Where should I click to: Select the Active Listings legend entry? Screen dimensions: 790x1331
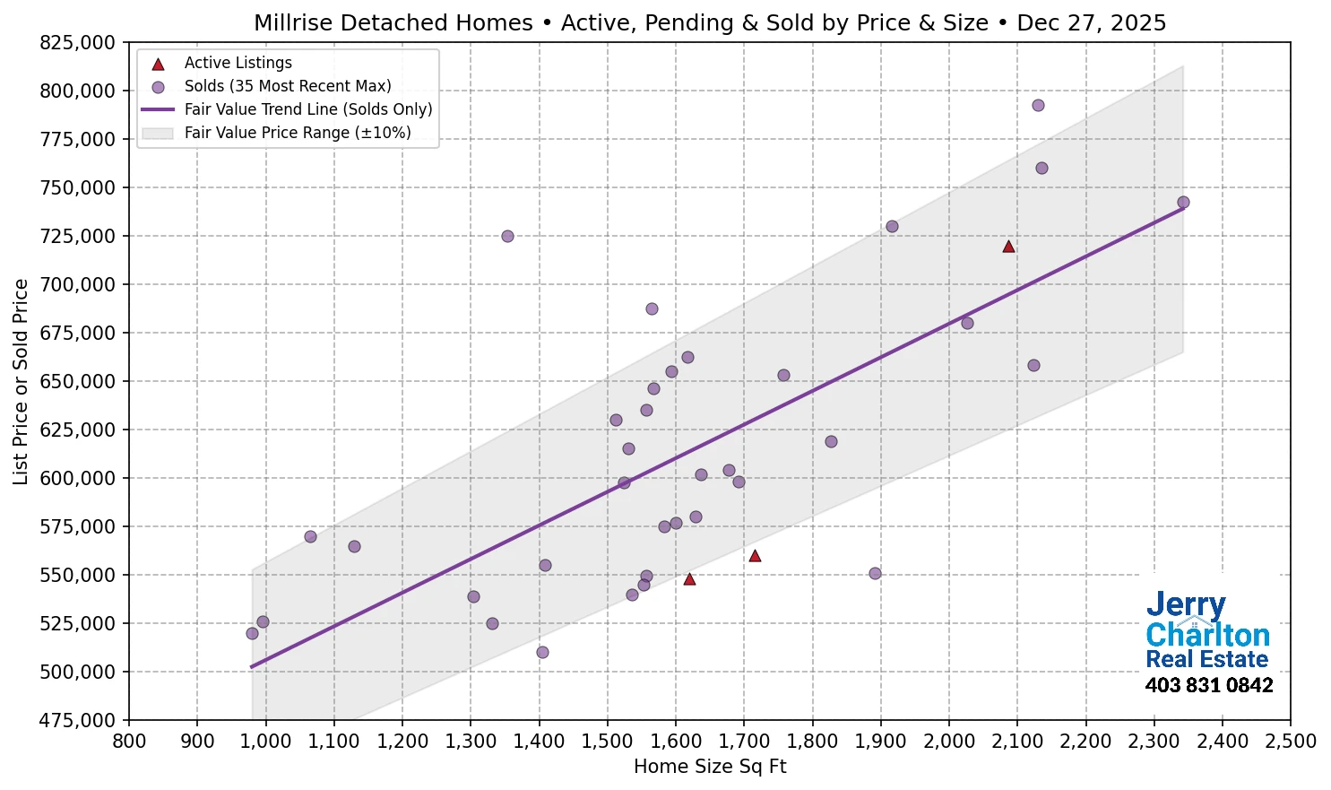tap(238, 63)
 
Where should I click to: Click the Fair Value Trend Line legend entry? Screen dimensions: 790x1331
tap(307, 109)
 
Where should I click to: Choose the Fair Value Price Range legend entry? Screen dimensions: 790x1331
tap(297, 133)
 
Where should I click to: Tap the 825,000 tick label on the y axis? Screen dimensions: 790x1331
tap(79, 42)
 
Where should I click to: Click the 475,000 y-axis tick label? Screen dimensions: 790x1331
tap(79, 720)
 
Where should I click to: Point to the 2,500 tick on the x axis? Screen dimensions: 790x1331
tap(1291, 742)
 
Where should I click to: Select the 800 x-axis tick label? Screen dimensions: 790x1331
tap(129, 742)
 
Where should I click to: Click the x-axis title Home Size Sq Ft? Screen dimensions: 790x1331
tap(710, 767)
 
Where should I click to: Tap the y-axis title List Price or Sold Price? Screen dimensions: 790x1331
tap(22, 381)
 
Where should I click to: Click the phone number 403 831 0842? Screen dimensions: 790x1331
tap(1208, 686)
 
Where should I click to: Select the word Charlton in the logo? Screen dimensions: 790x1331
tap(1207, 635)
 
